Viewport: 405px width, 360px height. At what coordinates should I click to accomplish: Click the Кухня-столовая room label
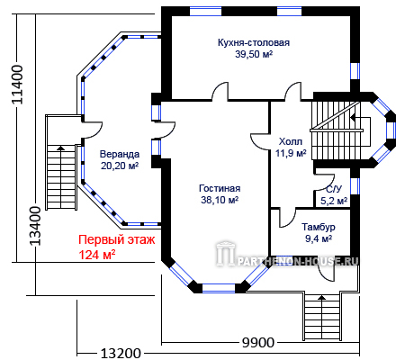pyautogui.click(x=254, y=42)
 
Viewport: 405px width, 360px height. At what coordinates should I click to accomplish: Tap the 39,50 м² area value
pyautogui.click(x=254, y=54)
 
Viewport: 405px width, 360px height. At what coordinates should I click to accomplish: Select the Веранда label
pyautogui.click(x=120, y=154)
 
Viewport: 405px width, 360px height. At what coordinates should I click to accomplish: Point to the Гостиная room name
pyautogui.click(x=220, y=188)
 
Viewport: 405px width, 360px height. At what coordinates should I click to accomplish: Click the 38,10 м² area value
pyautogui.click(x=220, y=200)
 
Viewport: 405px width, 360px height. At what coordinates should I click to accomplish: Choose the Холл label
pyautogui.click(x=291, y=141)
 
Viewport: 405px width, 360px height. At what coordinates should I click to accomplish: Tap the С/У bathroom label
pyautogui.click(x=334, y=189)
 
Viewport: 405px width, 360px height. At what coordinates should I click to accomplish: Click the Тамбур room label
pyautogui.click(x=319, y=227)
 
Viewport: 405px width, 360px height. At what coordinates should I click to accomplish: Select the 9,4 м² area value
pyautogui.click(x=319, y=239)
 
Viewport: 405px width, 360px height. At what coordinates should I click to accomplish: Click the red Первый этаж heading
pyautogui.click(x=117, y=240)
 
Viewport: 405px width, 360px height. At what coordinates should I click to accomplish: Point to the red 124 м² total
pyautogui.click(x=97, y=255)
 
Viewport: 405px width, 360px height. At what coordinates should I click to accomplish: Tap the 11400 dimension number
pyautogui.click(x=17, y=85)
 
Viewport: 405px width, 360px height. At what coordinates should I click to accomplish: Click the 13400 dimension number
pyautogui.click(x=36, y=226)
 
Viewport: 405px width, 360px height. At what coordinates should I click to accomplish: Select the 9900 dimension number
pyautogui.click(x=258, y=342)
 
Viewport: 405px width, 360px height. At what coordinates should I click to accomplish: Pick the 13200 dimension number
pyautogui.click(x=121, y=354)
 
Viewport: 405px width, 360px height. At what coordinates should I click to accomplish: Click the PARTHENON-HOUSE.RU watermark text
pyautogui.click(x=298, y=262)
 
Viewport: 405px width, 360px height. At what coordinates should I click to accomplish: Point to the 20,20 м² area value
pyautogui.click(x=120, y=166)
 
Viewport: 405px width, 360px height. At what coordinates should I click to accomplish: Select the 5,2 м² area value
pyautogui.click(x=334, y=201)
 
